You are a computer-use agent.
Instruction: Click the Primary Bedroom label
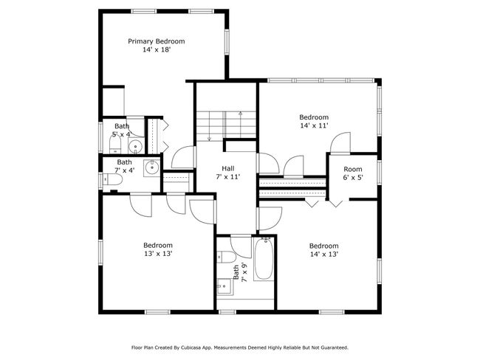[156, 41]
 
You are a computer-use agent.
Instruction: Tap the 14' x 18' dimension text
[156, 49]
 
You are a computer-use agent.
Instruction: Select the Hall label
[228, 168]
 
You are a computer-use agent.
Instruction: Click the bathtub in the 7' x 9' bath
[264, 259]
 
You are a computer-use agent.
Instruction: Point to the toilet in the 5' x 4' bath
[115, 144]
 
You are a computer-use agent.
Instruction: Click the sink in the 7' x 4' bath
[151, 168]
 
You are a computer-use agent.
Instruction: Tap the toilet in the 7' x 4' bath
[112, 179]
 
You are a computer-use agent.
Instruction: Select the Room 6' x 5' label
[353, 173]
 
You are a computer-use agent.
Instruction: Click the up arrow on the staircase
[241, 125]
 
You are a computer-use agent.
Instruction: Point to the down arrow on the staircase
[210, 126]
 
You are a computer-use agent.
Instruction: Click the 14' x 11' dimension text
[314, 125]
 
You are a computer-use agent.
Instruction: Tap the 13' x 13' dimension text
[158, 254]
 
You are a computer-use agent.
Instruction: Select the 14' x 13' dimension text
[324, 255]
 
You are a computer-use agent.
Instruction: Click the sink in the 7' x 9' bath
[225, 286]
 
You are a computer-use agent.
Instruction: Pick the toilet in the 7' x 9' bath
[226, 257]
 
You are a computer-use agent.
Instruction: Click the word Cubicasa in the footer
[191, 347]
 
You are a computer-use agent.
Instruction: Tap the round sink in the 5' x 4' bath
[135, 148]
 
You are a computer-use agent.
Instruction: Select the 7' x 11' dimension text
[228, 176]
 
